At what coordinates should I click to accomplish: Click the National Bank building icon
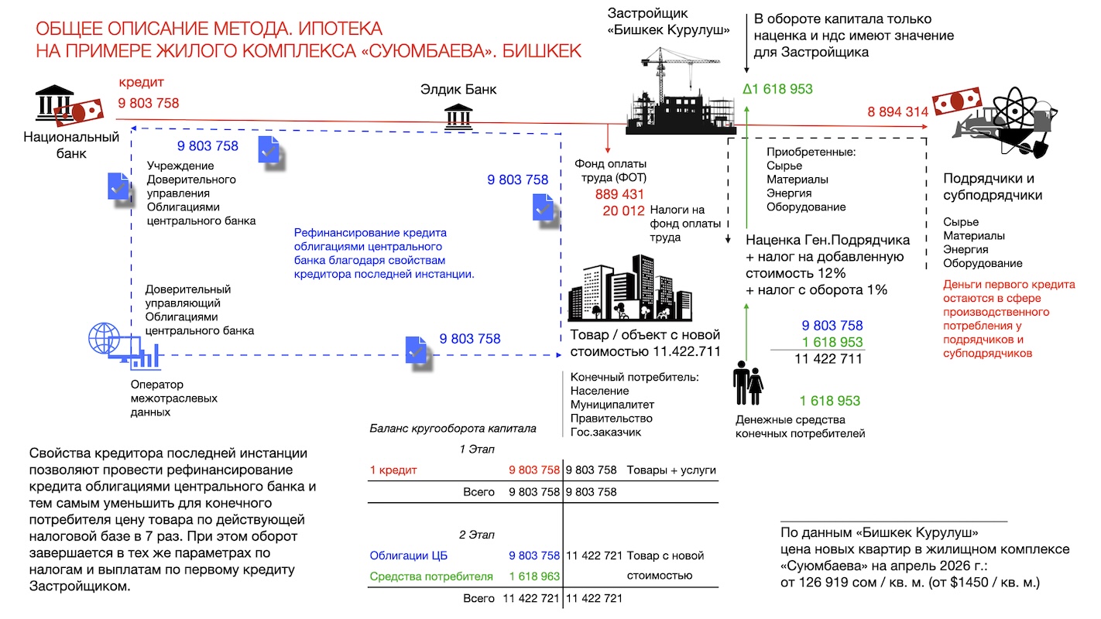(54, 103)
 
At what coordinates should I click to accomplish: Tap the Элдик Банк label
(458, 90)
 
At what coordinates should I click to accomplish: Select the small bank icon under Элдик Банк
(458, 117)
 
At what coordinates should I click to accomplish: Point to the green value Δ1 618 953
(777, 89)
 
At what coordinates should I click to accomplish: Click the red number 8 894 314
(897, 112)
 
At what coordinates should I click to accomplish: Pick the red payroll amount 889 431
(619, 194)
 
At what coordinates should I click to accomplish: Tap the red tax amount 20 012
(623, 210)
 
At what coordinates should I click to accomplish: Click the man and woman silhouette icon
(748, 383)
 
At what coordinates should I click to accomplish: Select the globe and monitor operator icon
(124, 345)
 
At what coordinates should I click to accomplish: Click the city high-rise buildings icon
(630, 288)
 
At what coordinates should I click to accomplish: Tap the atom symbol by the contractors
(1014, 111)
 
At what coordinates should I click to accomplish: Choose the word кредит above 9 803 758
(141, 83)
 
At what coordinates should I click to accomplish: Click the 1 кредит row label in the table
(393, 470)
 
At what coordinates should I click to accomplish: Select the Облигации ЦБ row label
(409, 556)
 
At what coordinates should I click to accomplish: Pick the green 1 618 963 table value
(534, 576)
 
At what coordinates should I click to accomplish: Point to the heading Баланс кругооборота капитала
(453, 429)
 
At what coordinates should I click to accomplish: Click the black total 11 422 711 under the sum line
(828, 359)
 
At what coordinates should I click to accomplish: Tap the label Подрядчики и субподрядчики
(993, 186)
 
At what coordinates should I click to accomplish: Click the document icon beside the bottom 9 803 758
(417, 351)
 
